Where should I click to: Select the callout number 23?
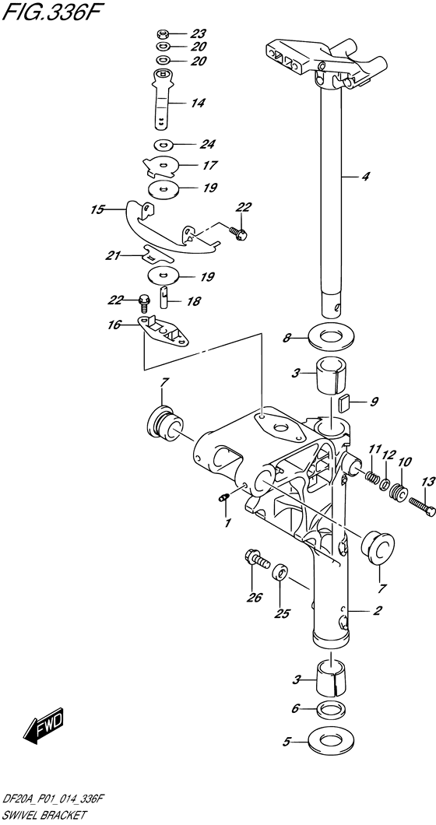pyautogui.click(x=199, y=33)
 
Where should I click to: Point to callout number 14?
pyautogui.click(x=199, y=103)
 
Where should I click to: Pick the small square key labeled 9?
pyautogui.click(x=342, y=402)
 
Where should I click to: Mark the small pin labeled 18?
pyautogui.click(x=165, y=296)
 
